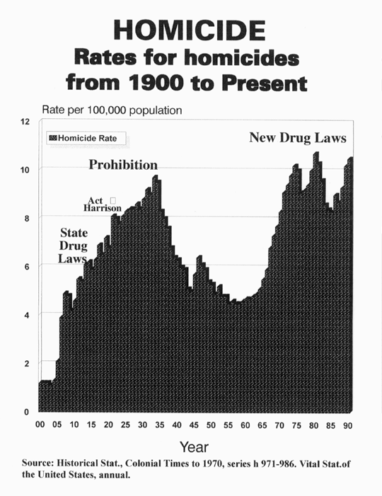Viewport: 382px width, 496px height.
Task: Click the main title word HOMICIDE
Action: [x=190, y=30]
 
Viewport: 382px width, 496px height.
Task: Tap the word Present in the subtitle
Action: [x=265, y=83]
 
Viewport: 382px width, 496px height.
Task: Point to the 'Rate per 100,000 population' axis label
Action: [x=112, y=110]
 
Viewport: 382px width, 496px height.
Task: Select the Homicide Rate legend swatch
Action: [x=53, y=138]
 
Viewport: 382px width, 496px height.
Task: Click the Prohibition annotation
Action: [x=123, y=165]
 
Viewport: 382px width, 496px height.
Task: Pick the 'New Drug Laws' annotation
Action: [x=298, y=137]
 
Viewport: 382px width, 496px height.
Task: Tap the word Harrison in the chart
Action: [x=103, y=208]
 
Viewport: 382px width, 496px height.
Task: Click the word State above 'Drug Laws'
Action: [x=74, y=233]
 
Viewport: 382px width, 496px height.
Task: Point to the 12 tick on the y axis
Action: [x=25, y=122]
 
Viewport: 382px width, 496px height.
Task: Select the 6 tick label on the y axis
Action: [x=27, y=267]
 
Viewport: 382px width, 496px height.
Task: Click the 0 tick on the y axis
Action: [x=27, y=413]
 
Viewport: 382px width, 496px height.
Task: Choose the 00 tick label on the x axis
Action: [x=40, y=425]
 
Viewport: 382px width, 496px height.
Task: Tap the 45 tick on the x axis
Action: [x=194, y=425]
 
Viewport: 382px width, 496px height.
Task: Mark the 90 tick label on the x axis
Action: [x=347, y=426]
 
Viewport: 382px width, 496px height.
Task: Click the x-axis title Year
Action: [x=194, y=447]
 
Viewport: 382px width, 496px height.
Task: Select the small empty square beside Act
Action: [x=113, y=200]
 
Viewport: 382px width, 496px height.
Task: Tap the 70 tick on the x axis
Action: [x=279, y=425]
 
